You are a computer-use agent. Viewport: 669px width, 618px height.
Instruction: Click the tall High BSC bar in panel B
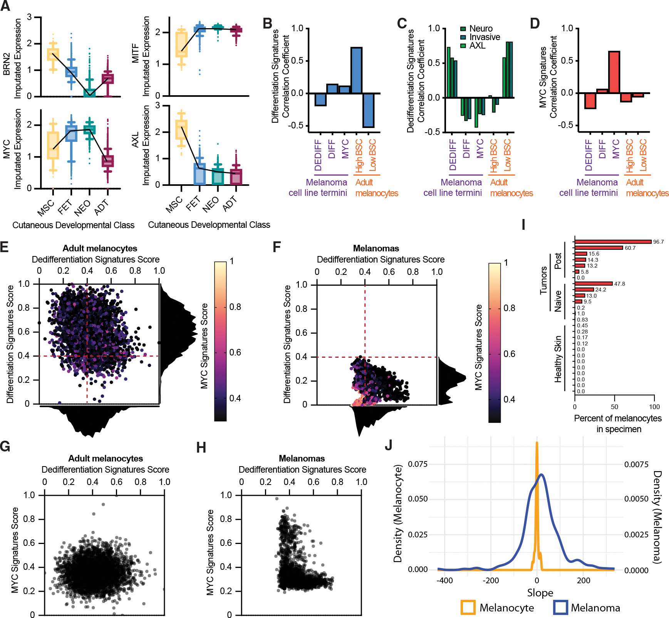pos(356,70)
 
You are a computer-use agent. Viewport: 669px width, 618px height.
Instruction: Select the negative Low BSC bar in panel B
pos(368,110)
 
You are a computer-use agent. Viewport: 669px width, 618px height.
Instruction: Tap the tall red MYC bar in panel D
pos(614,72)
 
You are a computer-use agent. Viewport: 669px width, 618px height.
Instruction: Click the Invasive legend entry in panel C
pos(480,37)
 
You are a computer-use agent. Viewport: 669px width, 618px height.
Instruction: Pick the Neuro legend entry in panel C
pos(476,29)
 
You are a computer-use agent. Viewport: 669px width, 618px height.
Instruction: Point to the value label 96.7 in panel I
pos(658,242)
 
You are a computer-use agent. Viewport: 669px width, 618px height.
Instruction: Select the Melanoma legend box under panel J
pos(560,607)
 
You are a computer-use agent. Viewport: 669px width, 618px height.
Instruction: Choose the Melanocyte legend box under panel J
pos(468,607)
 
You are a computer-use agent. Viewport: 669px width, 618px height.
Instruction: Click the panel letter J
pos(389,445)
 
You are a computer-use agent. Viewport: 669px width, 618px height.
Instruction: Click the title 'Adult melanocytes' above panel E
pos(100,248)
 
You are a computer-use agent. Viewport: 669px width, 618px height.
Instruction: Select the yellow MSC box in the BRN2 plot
pos(53,54)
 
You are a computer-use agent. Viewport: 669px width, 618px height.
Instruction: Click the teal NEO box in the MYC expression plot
pos(90,130)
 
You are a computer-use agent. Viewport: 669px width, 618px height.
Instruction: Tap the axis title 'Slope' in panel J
pos(540,593)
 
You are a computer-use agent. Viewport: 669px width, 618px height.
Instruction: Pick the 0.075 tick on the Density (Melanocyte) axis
pos(418,464)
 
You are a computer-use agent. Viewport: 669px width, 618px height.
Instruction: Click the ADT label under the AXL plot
pos(230,204)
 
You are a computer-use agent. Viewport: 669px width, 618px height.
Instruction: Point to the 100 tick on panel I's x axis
pos(654,407)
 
